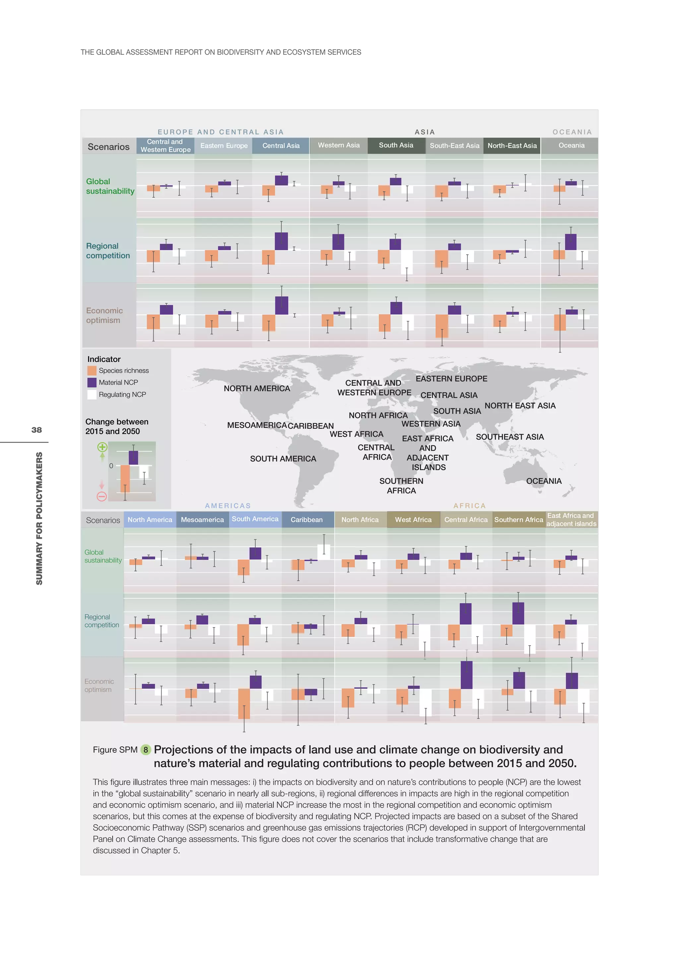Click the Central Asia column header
point(280,146)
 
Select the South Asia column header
point(396,145)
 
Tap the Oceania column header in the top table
point(571,145)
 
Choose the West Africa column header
point(413,520)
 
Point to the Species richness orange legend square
point(92,371)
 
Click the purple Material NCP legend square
point(92,382)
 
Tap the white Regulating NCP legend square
point(92,395)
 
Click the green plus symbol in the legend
point(102,447)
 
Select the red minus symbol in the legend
point(101,496)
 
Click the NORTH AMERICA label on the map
point(257,388)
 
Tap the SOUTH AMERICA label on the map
point(283,459)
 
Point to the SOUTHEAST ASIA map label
point(510,437)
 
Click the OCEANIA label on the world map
point(543,481)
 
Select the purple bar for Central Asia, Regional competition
point(281,241)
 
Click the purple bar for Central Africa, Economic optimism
point(466,675)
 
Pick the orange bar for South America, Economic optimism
point(244,703)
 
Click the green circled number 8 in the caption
point(146,750)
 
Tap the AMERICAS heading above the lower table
point(228,506)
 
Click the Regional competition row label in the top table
point(108,251)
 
